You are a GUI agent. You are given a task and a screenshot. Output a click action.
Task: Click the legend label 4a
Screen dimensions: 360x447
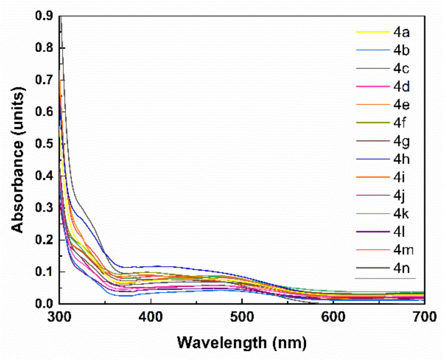[x=401, y=32]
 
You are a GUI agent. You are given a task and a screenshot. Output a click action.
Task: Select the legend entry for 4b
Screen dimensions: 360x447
[x=401, y=50]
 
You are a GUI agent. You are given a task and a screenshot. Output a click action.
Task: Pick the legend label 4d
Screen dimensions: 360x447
[x=401, y=87]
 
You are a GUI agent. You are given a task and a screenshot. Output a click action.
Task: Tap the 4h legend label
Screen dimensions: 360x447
[x=401, y=159]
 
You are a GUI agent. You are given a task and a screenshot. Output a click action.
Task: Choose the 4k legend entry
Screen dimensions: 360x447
[x=401, y=214]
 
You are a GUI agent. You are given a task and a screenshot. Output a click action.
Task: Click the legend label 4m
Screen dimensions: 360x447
[x=403, y=250]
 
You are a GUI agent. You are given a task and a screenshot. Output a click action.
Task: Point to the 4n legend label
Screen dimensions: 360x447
[x=401, y=268]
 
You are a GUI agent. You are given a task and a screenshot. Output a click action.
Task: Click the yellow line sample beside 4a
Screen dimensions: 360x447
[x=373, y=32]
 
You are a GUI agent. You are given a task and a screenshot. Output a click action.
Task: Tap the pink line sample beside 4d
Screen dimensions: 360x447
[x=373, y=87]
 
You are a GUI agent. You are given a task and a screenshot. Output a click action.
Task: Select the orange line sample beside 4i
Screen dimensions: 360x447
[x=373, y=177]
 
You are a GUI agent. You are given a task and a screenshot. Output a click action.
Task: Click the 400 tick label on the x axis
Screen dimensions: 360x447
[x=150, y=317]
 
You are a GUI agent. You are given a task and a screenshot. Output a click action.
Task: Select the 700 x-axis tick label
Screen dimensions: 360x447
[x=424, y=317]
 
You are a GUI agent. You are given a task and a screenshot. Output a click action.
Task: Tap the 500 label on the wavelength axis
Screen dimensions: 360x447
[x=242, y=317]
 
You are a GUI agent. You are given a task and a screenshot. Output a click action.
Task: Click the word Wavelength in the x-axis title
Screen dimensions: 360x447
[x=222, y=342]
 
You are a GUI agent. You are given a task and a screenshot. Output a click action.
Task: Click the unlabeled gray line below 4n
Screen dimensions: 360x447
[x=385, y=278]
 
